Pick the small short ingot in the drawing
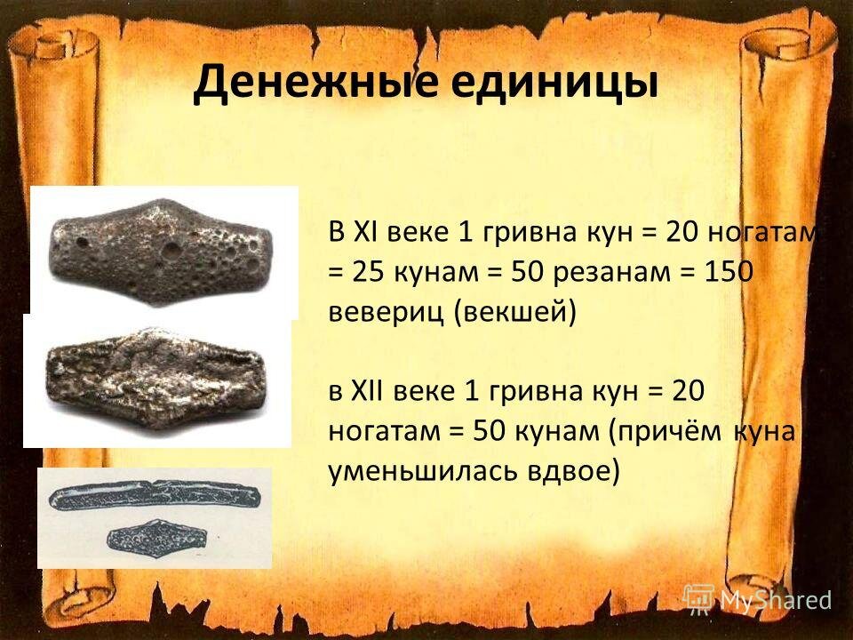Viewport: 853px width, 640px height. click(x=156, y=535)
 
